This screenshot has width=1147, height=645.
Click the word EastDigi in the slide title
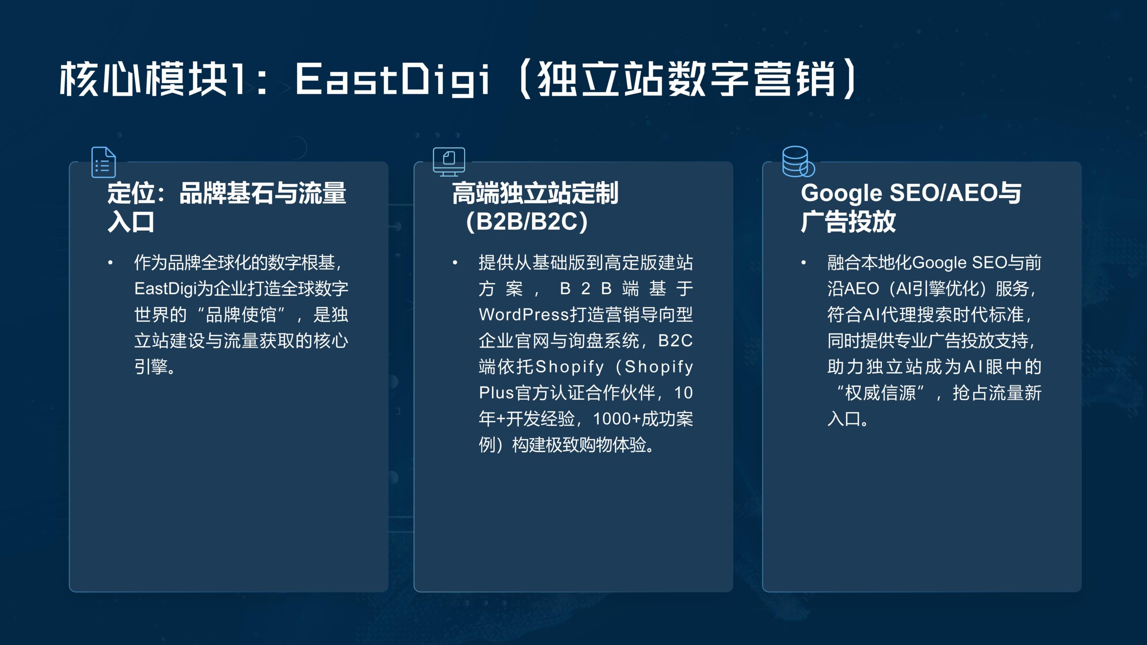392,80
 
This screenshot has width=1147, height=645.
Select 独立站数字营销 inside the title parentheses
687,79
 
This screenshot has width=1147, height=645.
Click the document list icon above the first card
103,162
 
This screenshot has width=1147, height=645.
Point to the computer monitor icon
449,162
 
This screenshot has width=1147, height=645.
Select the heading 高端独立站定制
535,193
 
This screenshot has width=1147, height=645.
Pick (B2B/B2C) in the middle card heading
527,222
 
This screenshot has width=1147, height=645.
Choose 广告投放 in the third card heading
848,222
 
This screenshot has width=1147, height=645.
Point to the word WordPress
524,314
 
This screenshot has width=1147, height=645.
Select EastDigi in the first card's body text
165,289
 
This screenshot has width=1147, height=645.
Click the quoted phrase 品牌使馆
241,314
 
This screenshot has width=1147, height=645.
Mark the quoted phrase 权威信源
880,393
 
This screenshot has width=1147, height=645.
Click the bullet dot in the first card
110,263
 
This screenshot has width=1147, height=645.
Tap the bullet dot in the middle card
455,263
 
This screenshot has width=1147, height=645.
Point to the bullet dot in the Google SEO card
804,263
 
